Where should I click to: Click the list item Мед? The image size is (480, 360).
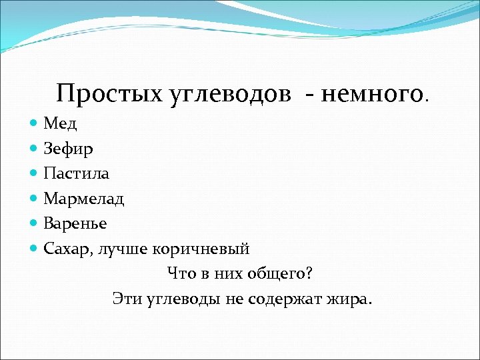(x=59, y=123)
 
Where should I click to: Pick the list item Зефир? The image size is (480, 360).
(x=68, y=148)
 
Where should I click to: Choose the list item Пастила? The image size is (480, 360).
(x=76, y=173)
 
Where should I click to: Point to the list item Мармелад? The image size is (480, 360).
(x=84, y=199)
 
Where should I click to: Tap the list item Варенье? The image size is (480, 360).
(x=75, y=223)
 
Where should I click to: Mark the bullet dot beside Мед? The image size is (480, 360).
(x=35, y=123)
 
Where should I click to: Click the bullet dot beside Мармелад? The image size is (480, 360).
(x=35, y=199)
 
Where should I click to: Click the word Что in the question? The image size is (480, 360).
(x=180, y=274)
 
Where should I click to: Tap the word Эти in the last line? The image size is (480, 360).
(x=125, y=299)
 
